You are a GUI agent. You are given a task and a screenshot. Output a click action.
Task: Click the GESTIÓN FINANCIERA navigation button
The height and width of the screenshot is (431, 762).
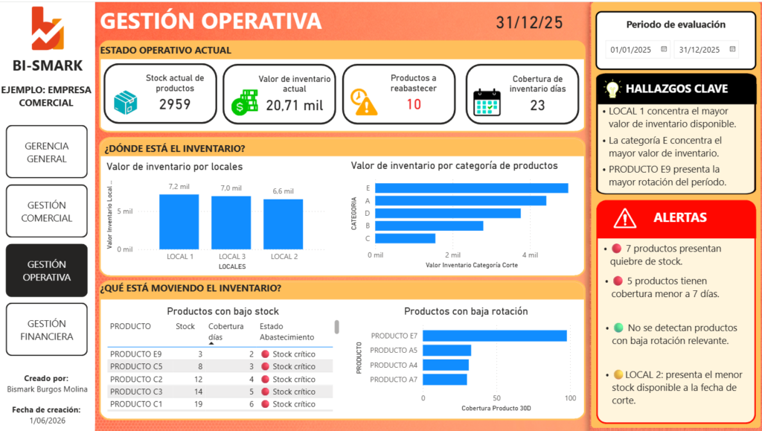47,330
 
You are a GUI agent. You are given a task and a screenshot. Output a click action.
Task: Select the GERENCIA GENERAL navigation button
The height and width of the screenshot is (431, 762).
47,152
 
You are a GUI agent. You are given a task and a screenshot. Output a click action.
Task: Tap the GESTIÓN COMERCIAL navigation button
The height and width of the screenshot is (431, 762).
47,211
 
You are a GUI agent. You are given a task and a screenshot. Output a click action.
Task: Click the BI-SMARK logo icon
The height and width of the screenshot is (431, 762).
47,28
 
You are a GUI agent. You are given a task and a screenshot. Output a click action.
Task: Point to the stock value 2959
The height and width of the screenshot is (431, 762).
175,104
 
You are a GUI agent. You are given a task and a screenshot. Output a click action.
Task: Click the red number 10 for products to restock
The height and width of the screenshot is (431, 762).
414,104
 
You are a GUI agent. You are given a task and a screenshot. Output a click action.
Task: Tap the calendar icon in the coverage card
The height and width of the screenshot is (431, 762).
487,102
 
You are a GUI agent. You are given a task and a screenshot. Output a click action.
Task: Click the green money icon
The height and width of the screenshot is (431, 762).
244,102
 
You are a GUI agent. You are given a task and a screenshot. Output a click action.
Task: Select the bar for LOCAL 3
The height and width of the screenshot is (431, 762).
231,223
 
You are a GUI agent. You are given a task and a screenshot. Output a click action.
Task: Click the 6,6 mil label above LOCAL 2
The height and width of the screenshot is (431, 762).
283,191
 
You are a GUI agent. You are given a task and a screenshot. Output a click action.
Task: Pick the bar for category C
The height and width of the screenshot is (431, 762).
406,239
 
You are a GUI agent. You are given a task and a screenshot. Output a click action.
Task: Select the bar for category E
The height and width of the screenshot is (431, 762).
471,188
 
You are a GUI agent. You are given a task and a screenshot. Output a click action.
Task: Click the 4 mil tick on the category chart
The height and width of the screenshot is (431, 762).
530,255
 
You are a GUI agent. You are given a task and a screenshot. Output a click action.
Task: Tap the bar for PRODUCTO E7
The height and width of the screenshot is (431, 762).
495,336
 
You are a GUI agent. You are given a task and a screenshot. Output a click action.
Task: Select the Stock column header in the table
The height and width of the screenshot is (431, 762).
185,327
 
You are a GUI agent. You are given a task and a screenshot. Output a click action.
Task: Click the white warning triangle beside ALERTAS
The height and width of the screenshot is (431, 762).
624,218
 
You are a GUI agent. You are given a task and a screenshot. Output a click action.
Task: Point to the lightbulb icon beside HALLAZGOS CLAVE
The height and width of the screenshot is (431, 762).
612,89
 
